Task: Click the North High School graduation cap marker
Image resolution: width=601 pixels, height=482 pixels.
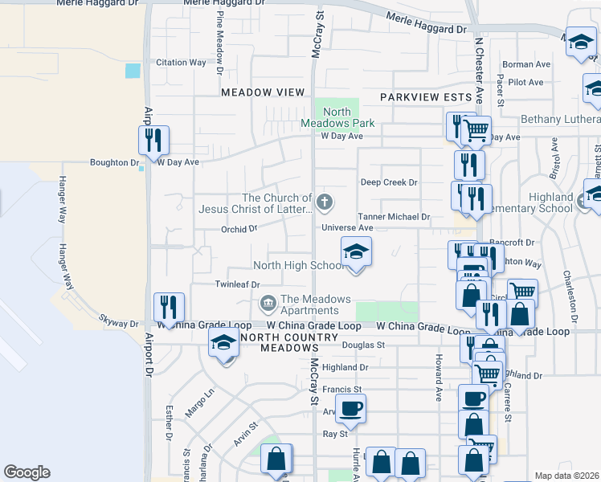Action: tap(356, 253)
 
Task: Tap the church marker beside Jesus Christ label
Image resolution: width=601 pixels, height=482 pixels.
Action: tap(325, 202)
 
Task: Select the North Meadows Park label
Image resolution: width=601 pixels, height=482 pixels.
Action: tap(337, 117)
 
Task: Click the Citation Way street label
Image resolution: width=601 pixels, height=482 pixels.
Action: tap(182, 63)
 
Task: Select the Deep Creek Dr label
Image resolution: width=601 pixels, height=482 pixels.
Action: tap(389, 182)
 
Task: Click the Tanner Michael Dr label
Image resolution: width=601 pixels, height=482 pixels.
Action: tap(395, 217)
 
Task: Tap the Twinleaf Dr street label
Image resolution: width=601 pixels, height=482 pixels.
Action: tap(238, 284)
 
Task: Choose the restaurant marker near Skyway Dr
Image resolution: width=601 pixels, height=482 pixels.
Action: tap(170, 308)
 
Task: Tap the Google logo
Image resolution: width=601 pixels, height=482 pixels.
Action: tap(27, 472)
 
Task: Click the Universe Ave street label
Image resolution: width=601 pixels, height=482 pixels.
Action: tap(348, 228)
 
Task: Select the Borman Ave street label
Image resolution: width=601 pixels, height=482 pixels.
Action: tap(525, 64)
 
